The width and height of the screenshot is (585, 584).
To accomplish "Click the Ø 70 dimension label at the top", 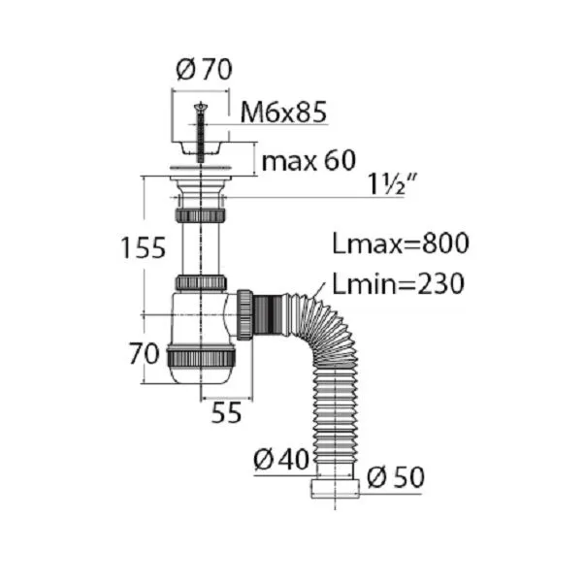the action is [x=204, y=69].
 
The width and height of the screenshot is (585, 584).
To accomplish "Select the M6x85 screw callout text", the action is [x=283, y=112].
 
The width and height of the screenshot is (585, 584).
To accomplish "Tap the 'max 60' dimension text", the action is [x=309, y=161].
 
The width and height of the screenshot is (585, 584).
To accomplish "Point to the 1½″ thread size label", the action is [x=392, y=184].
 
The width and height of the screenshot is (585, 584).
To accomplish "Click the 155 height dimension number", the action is [x=144, y=247].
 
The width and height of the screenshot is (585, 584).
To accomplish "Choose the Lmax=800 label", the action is [x=401, y=243].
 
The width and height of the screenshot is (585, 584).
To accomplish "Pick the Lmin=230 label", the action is [x=398, y=283].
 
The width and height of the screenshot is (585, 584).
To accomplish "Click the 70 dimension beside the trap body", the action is [x=144, y=354].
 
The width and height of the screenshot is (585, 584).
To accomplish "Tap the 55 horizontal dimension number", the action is [x=226, y=412].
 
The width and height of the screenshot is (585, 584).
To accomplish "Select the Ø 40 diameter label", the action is [x=281, y=459].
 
